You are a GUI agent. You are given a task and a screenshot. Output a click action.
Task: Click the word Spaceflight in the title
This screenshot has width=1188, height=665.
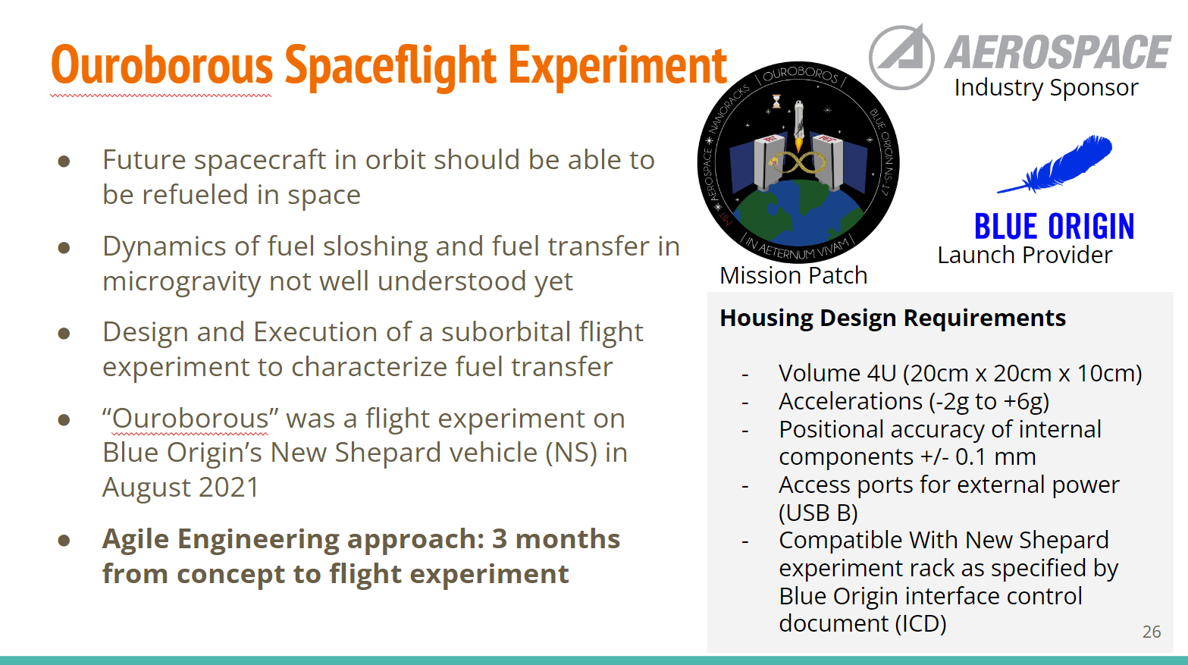click(x=391, y=66)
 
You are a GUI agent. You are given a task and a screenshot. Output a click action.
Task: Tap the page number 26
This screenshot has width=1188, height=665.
click(x=1152, y=632)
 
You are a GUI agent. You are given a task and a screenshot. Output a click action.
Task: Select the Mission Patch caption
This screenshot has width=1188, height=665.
click(x=794, y=275)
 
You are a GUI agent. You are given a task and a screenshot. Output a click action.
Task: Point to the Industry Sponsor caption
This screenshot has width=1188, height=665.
click(x=1046, y=87)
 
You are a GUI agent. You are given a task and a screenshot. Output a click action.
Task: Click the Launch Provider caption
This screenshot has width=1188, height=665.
click(x=1025, y=255)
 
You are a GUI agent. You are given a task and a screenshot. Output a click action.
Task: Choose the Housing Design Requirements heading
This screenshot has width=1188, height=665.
click(x=892, y=318)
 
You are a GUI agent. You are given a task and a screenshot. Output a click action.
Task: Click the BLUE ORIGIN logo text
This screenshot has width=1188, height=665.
click(x=1054, y=227)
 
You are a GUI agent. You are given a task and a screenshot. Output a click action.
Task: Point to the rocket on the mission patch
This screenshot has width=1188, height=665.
click(x=799, y=124)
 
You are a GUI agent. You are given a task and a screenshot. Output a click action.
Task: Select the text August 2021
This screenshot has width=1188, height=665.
click(x=181, y=487)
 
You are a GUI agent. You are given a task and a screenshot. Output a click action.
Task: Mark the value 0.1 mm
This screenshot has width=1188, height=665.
click(x=995, y=456)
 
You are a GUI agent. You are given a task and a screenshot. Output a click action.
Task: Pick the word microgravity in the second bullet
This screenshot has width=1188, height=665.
click(x=181, y=281)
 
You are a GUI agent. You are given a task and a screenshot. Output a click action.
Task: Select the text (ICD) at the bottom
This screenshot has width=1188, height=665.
click(x=920, y=623)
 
